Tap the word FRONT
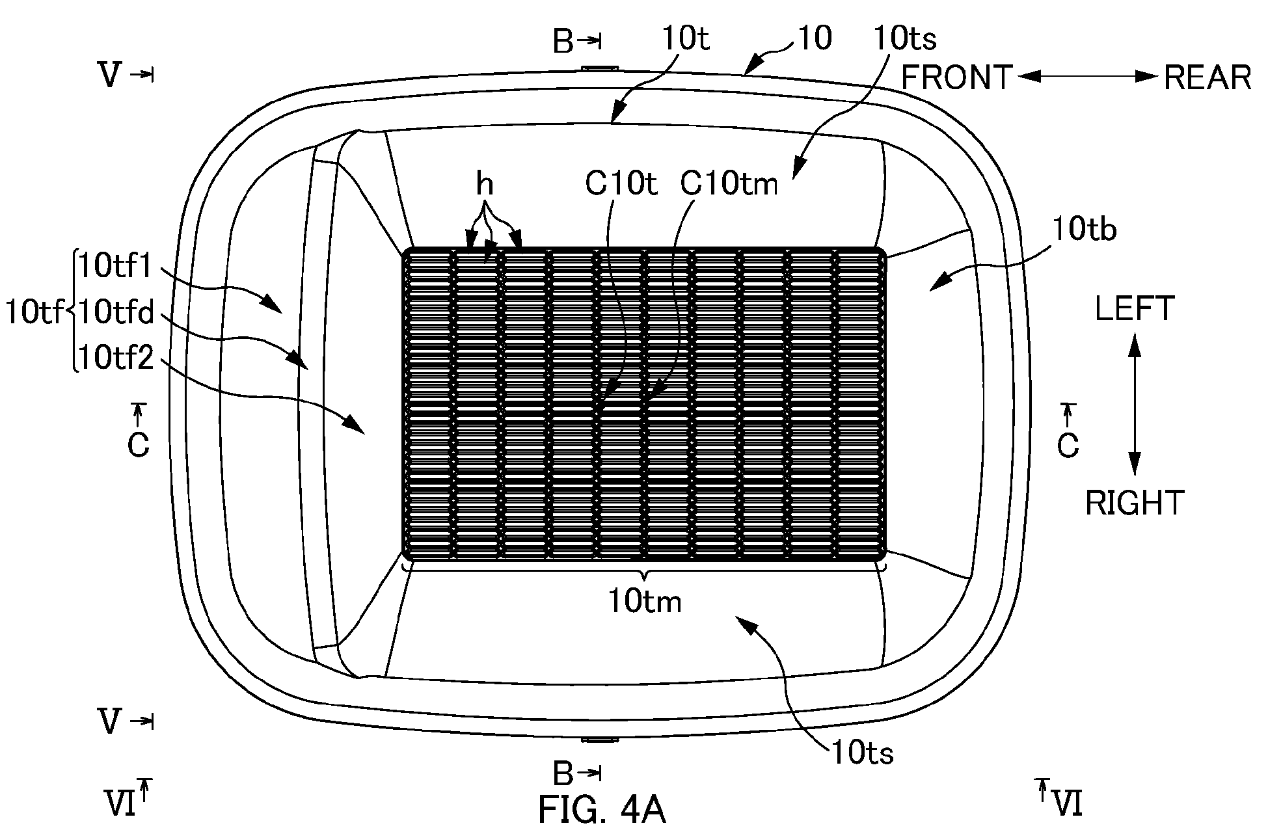pos(957,78)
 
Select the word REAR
pos(1207,78)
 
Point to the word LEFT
pos(1135,308)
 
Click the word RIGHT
pos(1135,503)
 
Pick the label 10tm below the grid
pos(645,601)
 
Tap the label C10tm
pos(729,185)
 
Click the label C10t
pos(621,185)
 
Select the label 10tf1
pos(115,266)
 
